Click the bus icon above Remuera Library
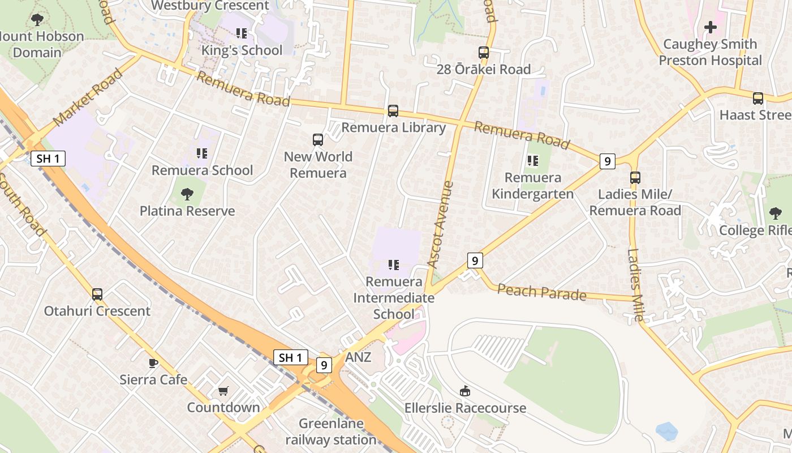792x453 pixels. click(x=393, y=111)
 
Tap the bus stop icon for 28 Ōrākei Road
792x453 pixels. click(x=484, y=53)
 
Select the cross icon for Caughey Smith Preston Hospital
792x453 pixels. click(x=710, y=27)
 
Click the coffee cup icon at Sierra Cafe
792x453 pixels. click(x=153, y=363)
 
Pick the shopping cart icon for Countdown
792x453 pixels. click(x=223, y=391)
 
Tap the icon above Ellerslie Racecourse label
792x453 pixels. click(x=464, y=391)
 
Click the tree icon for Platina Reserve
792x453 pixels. click(x=187, y=194)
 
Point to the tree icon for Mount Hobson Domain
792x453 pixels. click(x=37, y=20)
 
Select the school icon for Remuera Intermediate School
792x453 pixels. click(x=394, y=264)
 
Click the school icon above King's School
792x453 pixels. click(x=242, y=33)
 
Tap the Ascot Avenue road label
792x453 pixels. click(x=441, y=224)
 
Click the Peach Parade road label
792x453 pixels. click(x=542, y=292)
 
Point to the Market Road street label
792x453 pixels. click(x=88, y=97)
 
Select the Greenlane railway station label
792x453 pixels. click(x=331, y=431)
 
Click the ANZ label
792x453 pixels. click(x=358, y=357)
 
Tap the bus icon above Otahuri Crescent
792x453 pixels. click(x=97, y=294)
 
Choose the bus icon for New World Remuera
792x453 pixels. click(x=318, y=140)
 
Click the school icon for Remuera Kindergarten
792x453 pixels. click(x=532, y=161)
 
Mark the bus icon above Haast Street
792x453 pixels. click(x=758, y=99)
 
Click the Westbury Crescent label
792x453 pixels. click(x=210, y=6)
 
